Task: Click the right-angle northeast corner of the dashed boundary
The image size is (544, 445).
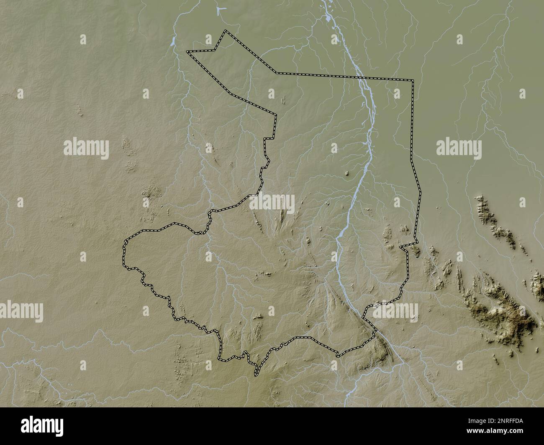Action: pyautogui.click(x=413, y=79)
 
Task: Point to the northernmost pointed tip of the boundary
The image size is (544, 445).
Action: pyautogui.click(x=226, y=31)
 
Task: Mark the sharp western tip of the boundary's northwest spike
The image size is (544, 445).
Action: pyautogui.click(x=187, y=52)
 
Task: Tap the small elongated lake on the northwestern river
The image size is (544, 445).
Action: pyautogui.click(x=172, y=41)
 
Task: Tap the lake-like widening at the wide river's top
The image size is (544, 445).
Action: pyautogui.click(x=328, y=19)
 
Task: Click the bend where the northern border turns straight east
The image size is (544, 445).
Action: pyautogui.click(x=275, y=73)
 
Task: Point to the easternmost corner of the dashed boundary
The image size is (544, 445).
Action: pyautogui.click(x=420, y=194)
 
